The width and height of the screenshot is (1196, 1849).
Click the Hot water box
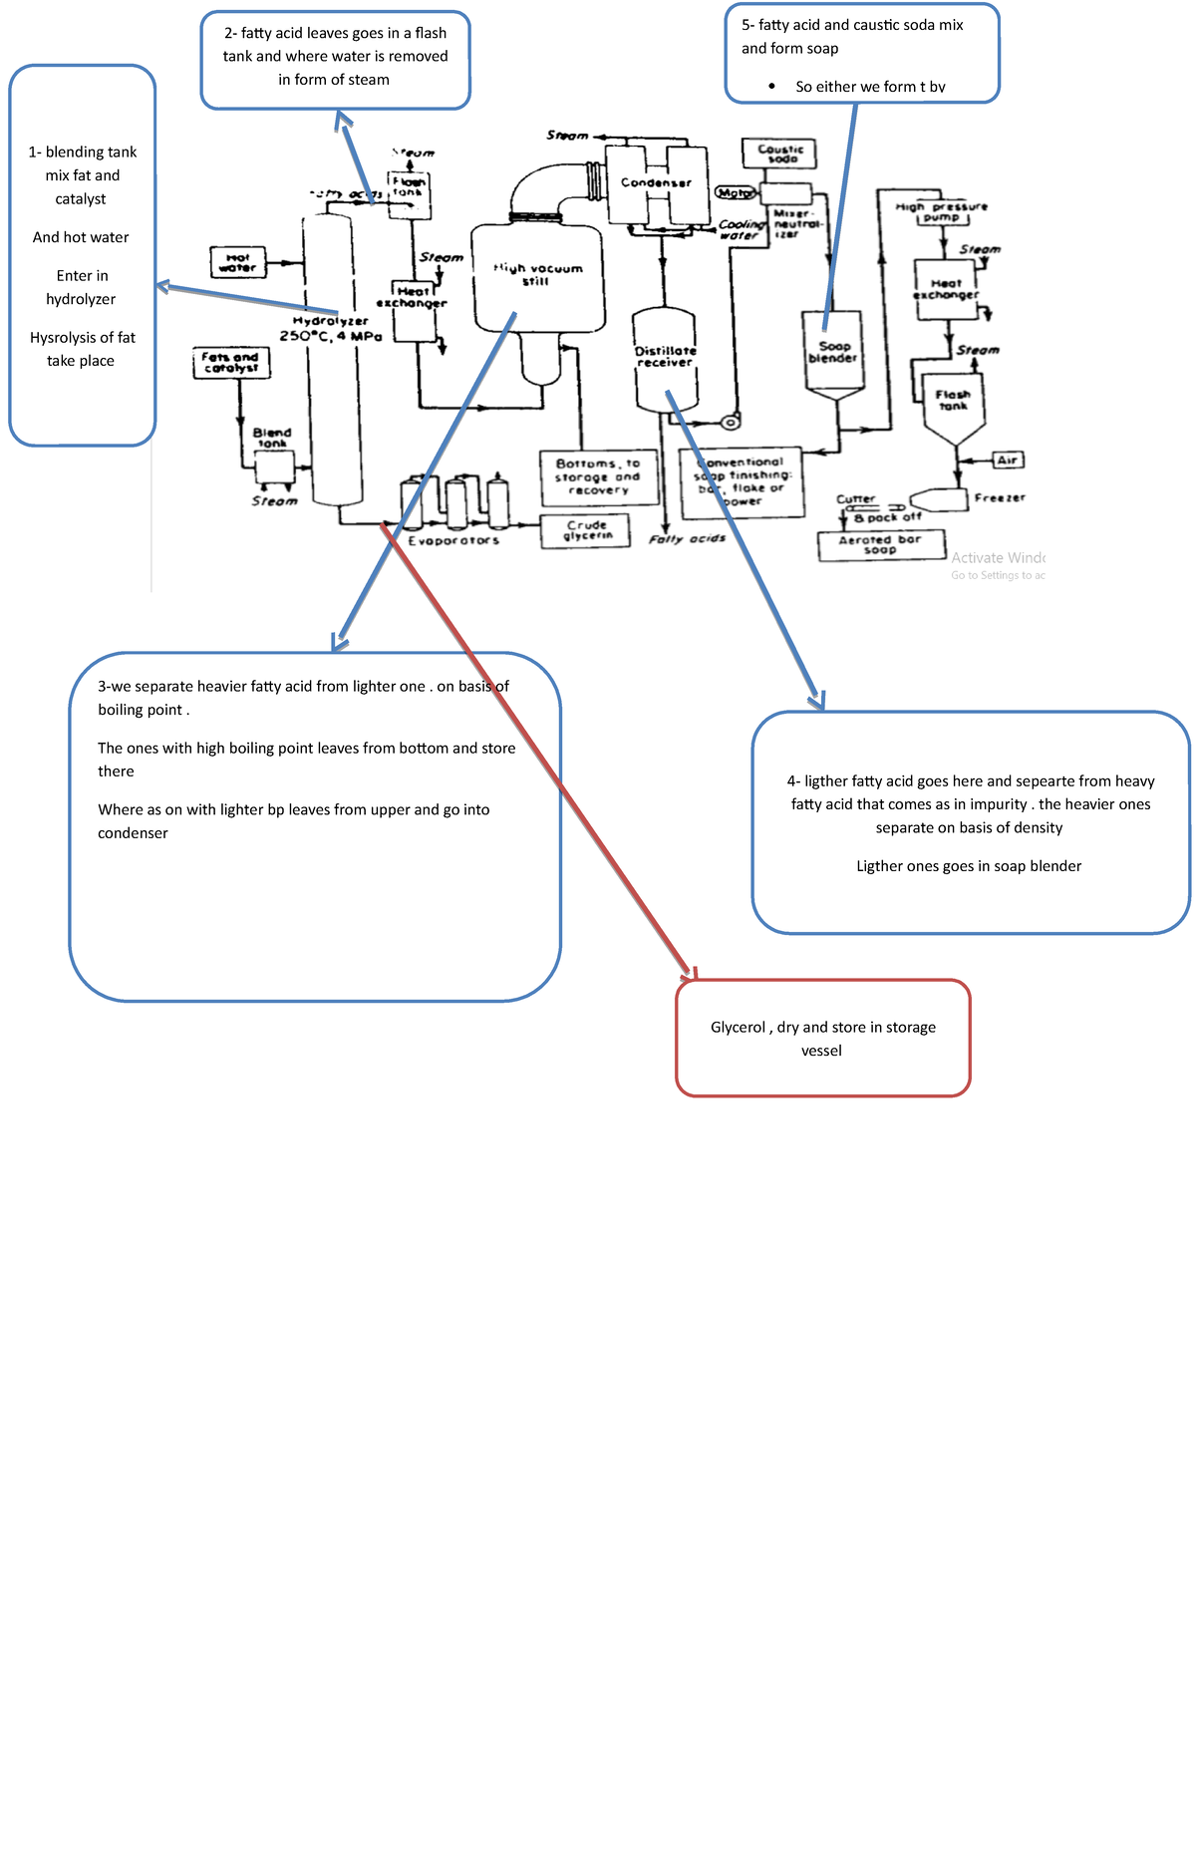238,262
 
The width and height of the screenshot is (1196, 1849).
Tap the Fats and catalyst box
230,363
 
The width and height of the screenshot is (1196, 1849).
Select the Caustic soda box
779,154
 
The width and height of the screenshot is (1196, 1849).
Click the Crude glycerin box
586,530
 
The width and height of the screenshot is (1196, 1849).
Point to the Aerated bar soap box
880,545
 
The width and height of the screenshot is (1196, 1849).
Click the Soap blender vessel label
833,352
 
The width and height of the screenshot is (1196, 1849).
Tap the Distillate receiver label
665,357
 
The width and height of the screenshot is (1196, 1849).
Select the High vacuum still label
537,274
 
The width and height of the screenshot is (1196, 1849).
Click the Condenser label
656,182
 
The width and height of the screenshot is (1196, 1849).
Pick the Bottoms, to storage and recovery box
598,476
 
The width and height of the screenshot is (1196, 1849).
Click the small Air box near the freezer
1008,460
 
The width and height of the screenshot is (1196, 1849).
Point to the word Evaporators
453,540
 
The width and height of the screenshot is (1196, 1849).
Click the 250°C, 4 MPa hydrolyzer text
330,337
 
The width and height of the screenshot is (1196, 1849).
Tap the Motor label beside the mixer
736,192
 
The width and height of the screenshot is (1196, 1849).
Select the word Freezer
1000,497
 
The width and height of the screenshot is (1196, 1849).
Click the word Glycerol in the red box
738,1027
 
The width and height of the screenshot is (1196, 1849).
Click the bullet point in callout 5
772,87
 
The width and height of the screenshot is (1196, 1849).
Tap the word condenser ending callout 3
133,833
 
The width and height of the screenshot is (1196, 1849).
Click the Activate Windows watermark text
998,558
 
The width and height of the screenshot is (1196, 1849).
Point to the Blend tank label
271,438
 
